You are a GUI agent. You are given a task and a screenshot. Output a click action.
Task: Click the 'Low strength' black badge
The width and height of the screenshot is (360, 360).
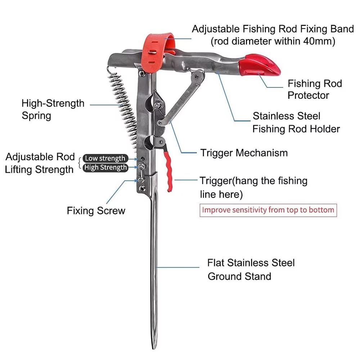105,158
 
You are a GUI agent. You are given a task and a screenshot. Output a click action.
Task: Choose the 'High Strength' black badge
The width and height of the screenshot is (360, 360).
105,167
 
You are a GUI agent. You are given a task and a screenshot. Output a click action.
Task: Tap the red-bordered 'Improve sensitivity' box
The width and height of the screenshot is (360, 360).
268,210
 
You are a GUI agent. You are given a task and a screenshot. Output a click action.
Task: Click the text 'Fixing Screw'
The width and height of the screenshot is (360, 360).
96,211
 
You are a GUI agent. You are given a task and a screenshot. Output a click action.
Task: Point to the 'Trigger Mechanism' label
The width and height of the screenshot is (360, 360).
244,153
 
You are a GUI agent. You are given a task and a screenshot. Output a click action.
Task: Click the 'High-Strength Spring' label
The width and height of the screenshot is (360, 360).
53,109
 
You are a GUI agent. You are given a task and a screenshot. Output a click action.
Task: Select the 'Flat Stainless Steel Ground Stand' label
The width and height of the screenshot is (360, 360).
251,269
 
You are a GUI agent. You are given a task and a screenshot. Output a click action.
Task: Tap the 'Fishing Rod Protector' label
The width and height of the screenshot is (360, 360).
314,89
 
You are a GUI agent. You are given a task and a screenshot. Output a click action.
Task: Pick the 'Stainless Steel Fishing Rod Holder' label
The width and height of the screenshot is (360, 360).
296,122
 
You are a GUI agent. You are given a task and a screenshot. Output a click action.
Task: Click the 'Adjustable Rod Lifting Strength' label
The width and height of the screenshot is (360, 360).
40,163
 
